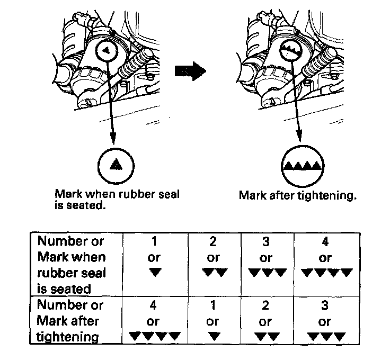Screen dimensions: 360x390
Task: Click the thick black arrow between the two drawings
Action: (189, 71)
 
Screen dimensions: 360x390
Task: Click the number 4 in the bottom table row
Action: (155, 305)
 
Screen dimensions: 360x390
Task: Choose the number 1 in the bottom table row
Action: (213, 305)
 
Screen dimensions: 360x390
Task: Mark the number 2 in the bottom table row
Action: (266, 305)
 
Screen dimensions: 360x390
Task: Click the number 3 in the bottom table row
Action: (325, 305)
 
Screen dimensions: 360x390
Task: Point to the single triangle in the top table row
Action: (155, 273)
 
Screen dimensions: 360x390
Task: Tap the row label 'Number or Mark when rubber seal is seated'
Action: (72, 265)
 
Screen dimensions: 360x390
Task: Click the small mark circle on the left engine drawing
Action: (108, 51)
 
